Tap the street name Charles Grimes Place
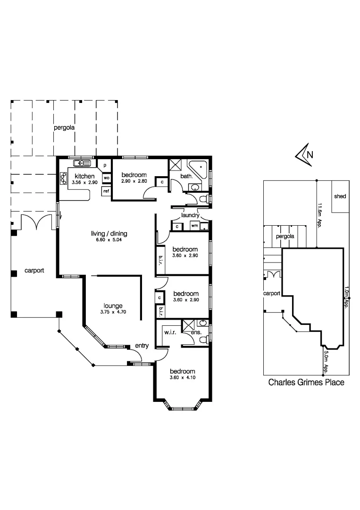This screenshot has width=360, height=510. (306, 382)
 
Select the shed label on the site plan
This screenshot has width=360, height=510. (340, 196)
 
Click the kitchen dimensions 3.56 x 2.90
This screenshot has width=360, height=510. (84, 182)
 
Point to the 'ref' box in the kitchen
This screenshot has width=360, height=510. (106, 191)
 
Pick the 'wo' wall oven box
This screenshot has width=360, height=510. (107, 178)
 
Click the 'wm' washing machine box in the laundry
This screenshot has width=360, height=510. (194, 226)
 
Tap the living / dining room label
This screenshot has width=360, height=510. (109, 233)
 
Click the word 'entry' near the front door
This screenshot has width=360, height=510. (142, 346)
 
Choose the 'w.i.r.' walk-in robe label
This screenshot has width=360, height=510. (170, 332)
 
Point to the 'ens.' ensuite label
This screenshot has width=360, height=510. (196, 332)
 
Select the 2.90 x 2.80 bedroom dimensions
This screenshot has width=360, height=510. (134, 181)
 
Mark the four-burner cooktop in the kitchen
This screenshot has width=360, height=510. (63, 178)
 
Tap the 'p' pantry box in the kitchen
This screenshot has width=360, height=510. (104, 165)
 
